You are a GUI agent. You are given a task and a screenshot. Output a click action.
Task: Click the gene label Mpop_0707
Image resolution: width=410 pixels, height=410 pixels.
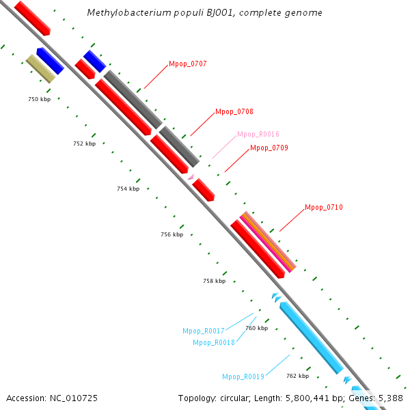coord(187,64)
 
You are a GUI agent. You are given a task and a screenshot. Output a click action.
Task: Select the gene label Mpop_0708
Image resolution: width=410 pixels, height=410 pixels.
coord(234,111)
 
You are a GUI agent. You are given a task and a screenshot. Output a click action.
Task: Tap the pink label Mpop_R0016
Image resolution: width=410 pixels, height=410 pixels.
coord(258,134)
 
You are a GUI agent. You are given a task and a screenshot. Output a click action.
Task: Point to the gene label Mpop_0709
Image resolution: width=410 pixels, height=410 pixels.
coord(269,148)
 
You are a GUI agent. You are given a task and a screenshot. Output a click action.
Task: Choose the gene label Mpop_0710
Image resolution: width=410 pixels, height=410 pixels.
coord(324,207)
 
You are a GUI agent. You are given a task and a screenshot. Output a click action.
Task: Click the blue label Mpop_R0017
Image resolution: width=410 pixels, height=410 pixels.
coord(204,331)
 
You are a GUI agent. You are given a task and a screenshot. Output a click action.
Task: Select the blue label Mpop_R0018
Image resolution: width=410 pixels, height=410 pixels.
coord(214,342)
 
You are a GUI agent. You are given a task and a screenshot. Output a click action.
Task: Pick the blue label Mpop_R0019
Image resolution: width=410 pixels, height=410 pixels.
coord(243,377)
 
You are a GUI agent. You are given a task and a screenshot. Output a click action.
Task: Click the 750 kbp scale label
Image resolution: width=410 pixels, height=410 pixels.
coord(39,99)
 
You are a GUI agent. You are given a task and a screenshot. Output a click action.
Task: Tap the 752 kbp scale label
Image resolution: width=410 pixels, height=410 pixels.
coord(84,143)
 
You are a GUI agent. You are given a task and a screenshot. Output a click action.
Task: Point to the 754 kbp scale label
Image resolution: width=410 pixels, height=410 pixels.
coord(128,189)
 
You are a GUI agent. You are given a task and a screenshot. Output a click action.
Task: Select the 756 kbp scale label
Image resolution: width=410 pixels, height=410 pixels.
coord(172,234)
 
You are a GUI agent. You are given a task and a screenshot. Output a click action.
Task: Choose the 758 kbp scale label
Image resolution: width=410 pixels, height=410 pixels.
coord(214,281)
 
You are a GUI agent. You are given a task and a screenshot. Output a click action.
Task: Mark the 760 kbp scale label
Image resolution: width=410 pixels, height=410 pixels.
coord(256,328)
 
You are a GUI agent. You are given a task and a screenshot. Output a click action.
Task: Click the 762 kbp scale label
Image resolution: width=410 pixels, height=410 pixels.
coord(297,376)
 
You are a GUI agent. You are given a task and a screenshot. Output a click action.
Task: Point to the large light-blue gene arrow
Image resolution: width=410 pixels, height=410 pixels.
coord(311,338)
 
